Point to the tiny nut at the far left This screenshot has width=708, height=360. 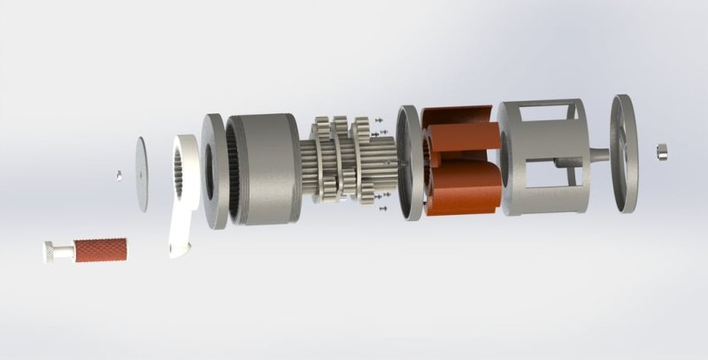pos(118,174)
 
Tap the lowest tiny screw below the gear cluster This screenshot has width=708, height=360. pos(382,210)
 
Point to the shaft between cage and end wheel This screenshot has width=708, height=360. pos(597,155)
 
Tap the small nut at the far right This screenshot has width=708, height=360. pos(661,148)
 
